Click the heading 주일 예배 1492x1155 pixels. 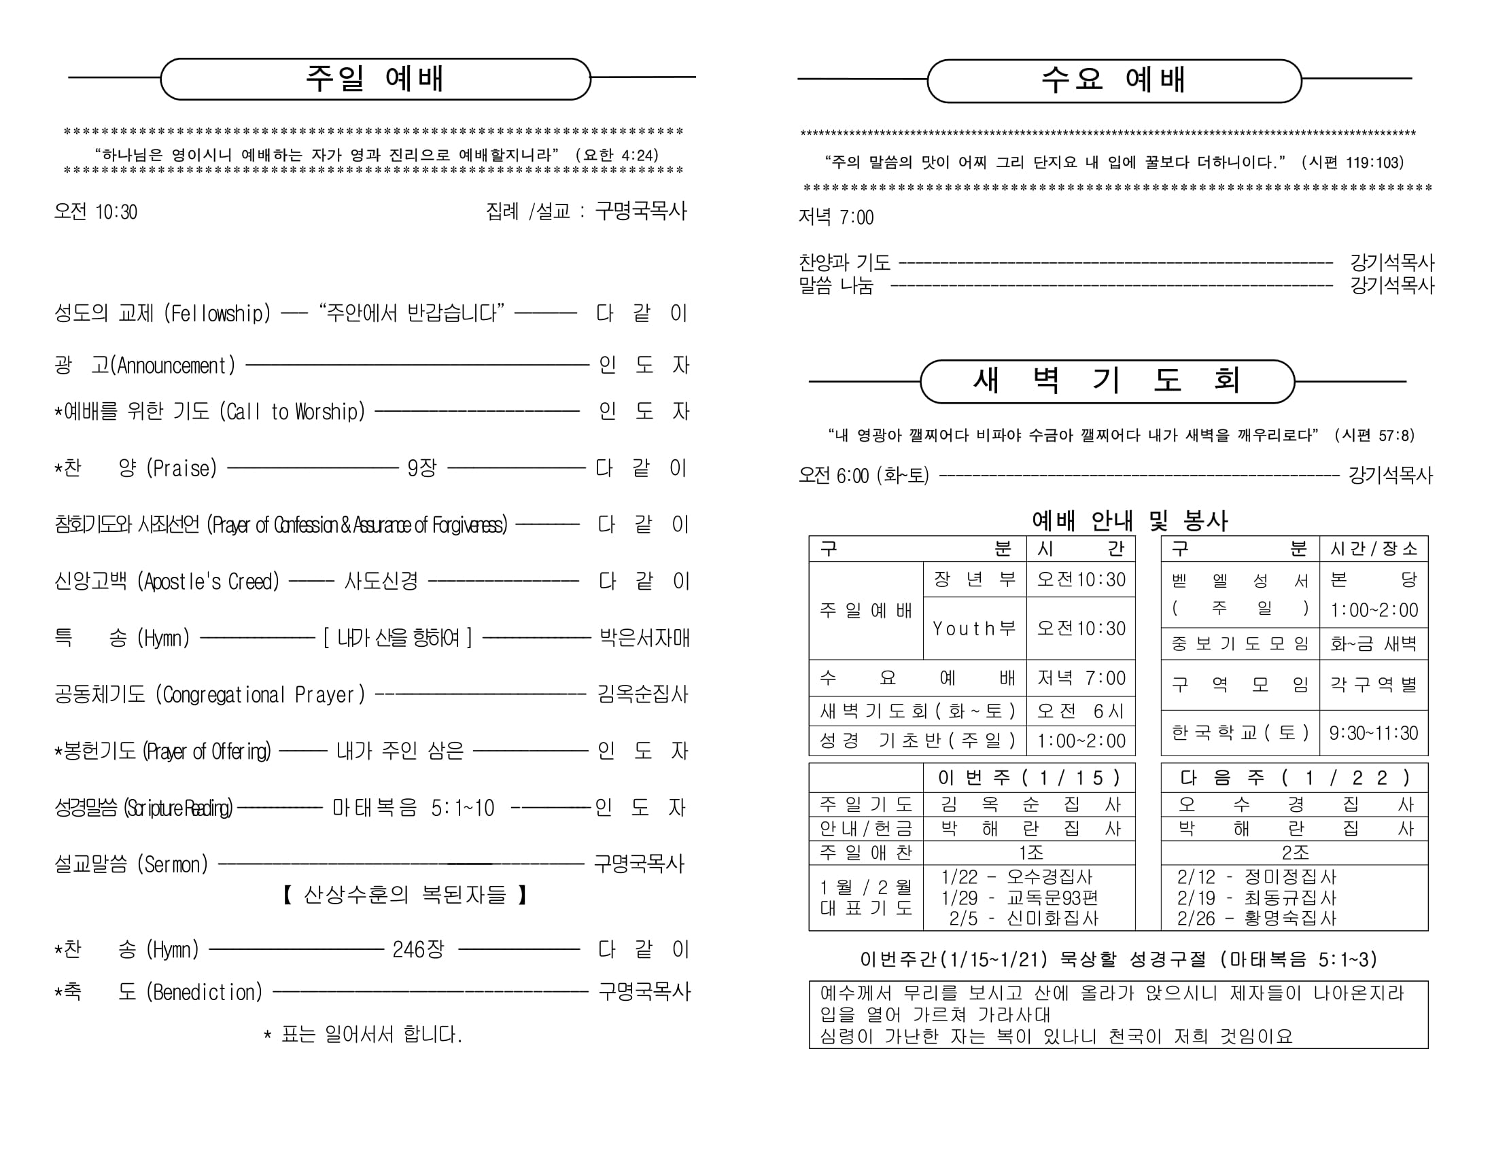tap(375, 79)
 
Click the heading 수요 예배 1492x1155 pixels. tap(1113, 80)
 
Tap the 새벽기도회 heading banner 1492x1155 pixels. tap(1107, 380)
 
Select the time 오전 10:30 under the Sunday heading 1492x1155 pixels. tap(96, 212)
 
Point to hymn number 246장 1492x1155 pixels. tap(418, 948)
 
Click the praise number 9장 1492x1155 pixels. tap(421, 468)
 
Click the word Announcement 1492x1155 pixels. tap(175, 366)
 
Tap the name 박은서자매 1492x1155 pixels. tap(644, 638)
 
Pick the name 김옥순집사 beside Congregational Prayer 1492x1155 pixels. tap(643, 694)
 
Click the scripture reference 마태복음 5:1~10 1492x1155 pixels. tap(413, 808)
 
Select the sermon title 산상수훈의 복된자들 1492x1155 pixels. tap(404, 894)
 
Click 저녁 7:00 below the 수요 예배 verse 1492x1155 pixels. tap(836, 217)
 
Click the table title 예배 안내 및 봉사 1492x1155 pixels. tap(1129, 520)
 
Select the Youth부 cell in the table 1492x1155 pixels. tap(974, 628)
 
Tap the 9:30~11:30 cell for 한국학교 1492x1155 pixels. tap(1373, 733)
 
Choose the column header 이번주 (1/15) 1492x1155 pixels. tap(1029, 777)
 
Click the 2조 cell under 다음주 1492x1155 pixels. tap(1295, 853)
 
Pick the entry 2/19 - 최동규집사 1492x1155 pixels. tap(1255, 898)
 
